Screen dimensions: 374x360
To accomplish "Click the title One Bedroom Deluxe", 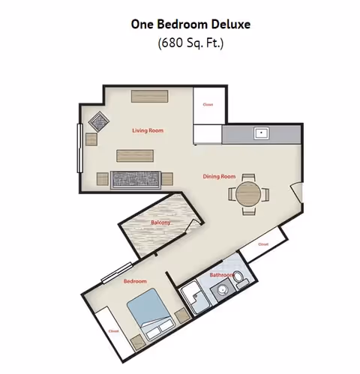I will click(190, 24).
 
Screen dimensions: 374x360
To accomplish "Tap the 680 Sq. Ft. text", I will click(190, 43).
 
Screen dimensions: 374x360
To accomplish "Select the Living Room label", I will click(148, 130).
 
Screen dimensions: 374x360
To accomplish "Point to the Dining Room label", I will click(219, 177).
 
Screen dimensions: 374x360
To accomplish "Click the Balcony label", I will click(160, 223).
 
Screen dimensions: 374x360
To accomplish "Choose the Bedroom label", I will click(134, 281).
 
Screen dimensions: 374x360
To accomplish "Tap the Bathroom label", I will click(222, 275).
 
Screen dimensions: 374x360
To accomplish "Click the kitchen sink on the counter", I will click(262, 133).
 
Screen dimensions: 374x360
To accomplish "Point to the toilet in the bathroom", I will click(241, 281).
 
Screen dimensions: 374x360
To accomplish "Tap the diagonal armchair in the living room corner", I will click(99, 120).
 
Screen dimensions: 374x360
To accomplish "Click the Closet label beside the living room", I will click(208, 105).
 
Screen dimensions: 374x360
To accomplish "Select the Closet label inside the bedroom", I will click(113, 331).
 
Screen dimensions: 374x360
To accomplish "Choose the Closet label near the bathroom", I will click(263, 244).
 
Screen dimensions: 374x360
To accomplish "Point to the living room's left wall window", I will click(79, 148).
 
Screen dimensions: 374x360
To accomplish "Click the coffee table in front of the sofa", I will click(135, 156).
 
